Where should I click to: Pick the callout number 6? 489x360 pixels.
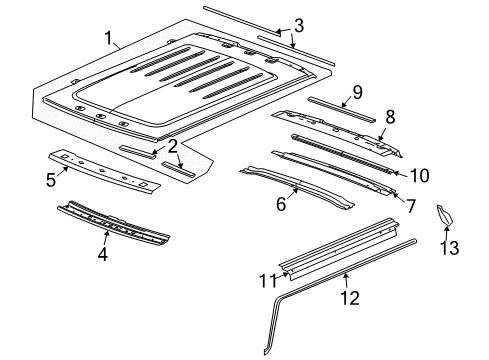281,205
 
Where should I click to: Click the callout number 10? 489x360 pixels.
418,175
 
